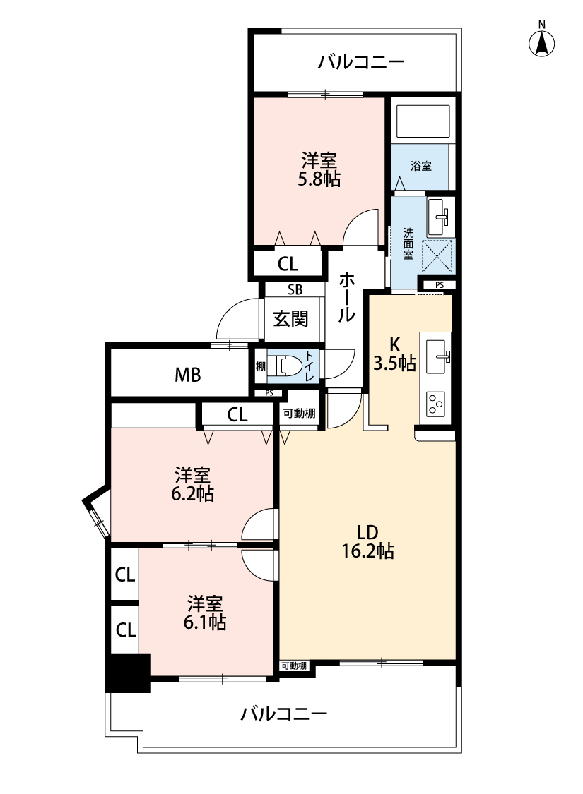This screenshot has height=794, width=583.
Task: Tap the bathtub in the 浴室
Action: click(423, 121)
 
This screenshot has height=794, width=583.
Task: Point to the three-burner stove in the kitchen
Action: click(435, 404)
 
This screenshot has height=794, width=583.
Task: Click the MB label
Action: click(188, 375)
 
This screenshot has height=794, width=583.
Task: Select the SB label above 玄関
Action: click(295, 289)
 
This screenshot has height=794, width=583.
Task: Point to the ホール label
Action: click(346, 296)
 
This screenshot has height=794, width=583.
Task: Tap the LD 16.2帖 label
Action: click(367, 541)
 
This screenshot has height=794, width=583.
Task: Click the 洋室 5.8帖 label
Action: click(319, 169)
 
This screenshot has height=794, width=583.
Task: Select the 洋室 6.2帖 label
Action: click(192, 485)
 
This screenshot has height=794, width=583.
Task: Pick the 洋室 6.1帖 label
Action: click(205, 613)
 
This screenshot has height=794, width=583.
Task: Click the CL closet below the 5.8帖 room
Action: click(288, 264)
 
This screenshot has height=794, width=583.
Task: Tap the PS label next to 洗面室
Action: click(440, 285)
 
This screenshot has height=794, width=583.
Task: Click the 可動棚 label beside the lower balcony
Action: click(294, 666)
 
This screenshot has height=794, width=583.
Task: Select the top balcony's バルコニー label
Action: click(362, 62)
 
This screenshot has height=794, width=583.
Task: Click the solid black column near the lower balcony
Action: click(129, 673)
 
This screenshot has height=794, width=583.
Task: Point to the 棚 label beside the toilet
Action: click(261, 366)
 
